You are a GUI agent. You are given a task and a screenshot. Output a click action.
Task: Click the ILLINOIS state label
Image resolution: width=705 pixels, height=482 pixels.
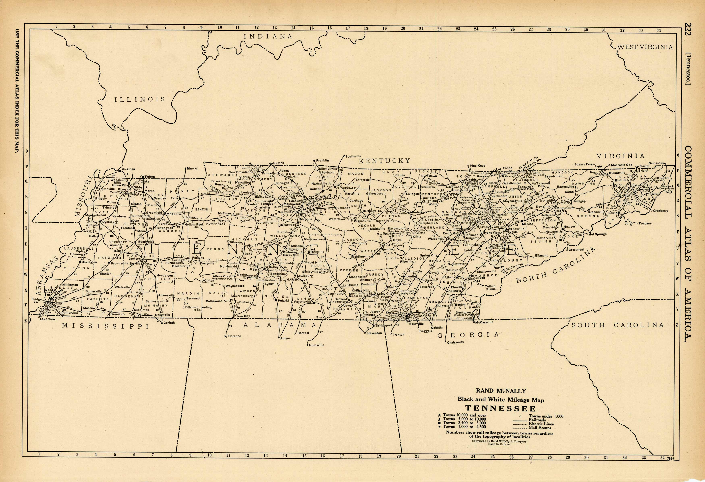(x=140, y=99)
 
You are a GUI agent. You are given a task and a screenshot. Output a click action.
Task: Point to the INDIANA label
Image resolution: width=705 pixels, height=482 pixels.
(x=268, y=36)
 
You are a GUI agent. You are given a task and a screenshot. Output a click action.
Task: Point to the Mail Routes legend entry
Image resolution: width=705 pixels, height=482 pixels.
(x=544, y=428)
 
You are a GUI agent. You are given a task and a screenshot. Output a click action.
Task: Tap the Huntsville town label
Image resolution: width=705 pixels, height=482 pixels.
(x=316, y=345)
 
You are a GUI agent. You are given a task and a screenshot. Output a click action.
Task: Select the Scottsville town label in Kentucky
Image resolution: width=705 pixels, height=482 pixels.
(x=354, y=156)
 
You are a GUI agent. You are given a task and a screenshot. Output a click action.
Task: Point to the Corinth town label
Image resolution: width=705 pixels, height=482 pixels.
(x=169, y=322)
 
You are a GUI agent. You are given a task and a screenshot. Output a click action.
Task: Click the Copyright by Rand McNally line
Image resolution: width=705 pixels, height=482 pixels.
(x=499, y=441)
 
